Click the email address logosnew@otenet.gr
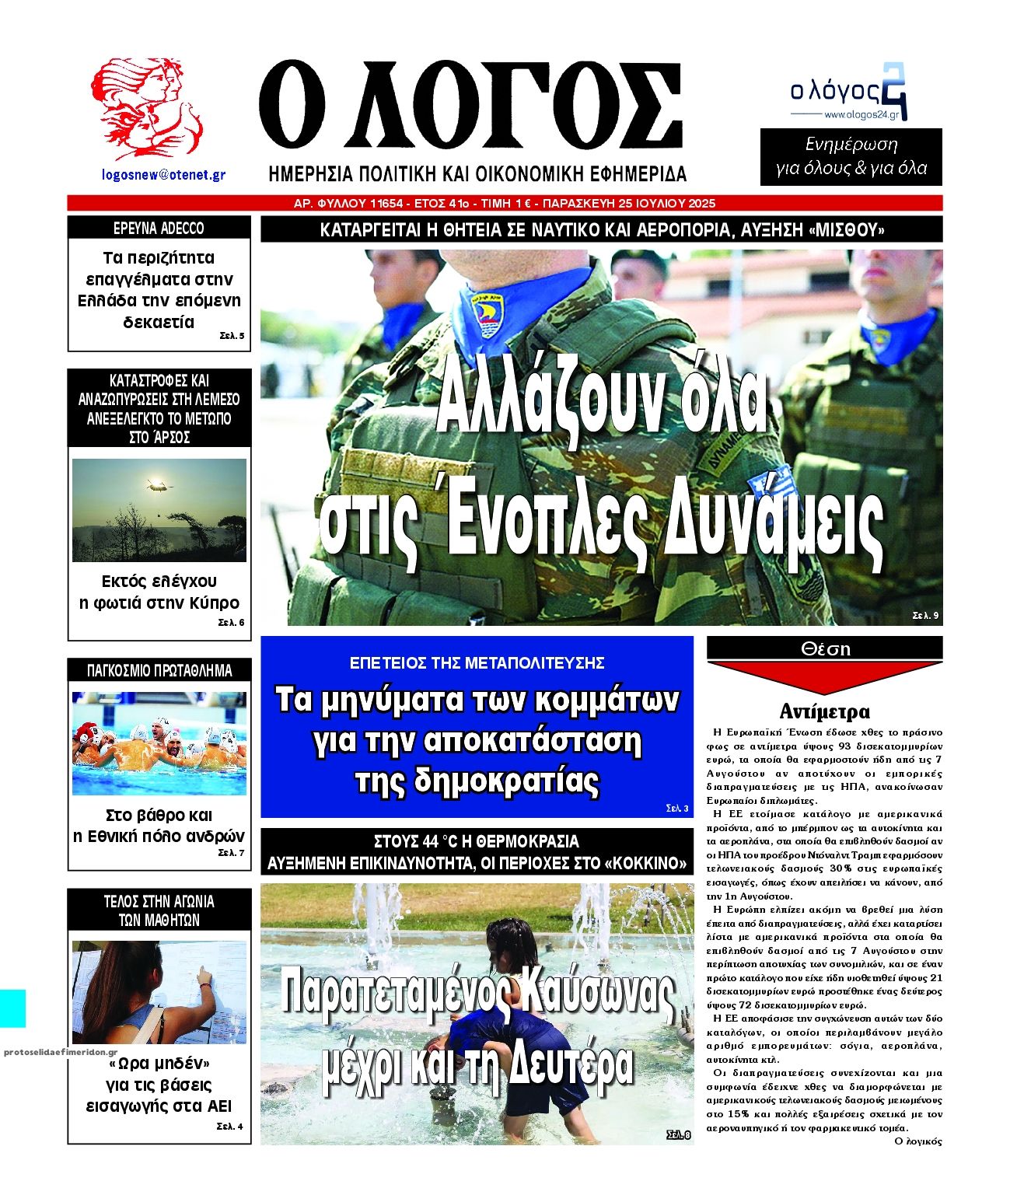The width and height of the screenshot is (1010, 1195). (164, 175)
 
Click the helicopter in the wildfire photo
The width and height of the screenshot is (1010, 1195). (156, 487)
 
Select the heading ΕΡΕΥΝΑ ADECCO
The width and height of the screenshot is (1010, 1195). (159, 229)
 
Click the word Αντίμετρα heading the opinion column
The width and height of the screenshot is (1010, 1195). (824, 711)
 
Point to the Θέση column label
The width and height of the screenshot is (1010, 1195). (825, 648)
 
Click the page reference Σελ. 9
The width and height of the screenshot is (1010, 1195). (925, 616)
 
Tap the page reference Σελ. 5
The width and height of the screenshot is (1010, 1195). (231, 337)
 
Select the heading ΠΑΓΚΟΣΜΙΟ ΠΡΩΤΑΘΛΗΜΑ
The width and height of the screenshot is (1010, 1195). (159, 670)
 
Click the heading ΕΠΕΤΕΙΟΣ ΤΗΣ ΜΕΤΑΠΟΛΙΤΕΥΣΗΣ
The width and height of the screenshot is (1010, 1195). (477, 663)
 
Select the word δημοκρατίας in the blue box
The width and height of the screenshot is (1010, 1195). (477, 781)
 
